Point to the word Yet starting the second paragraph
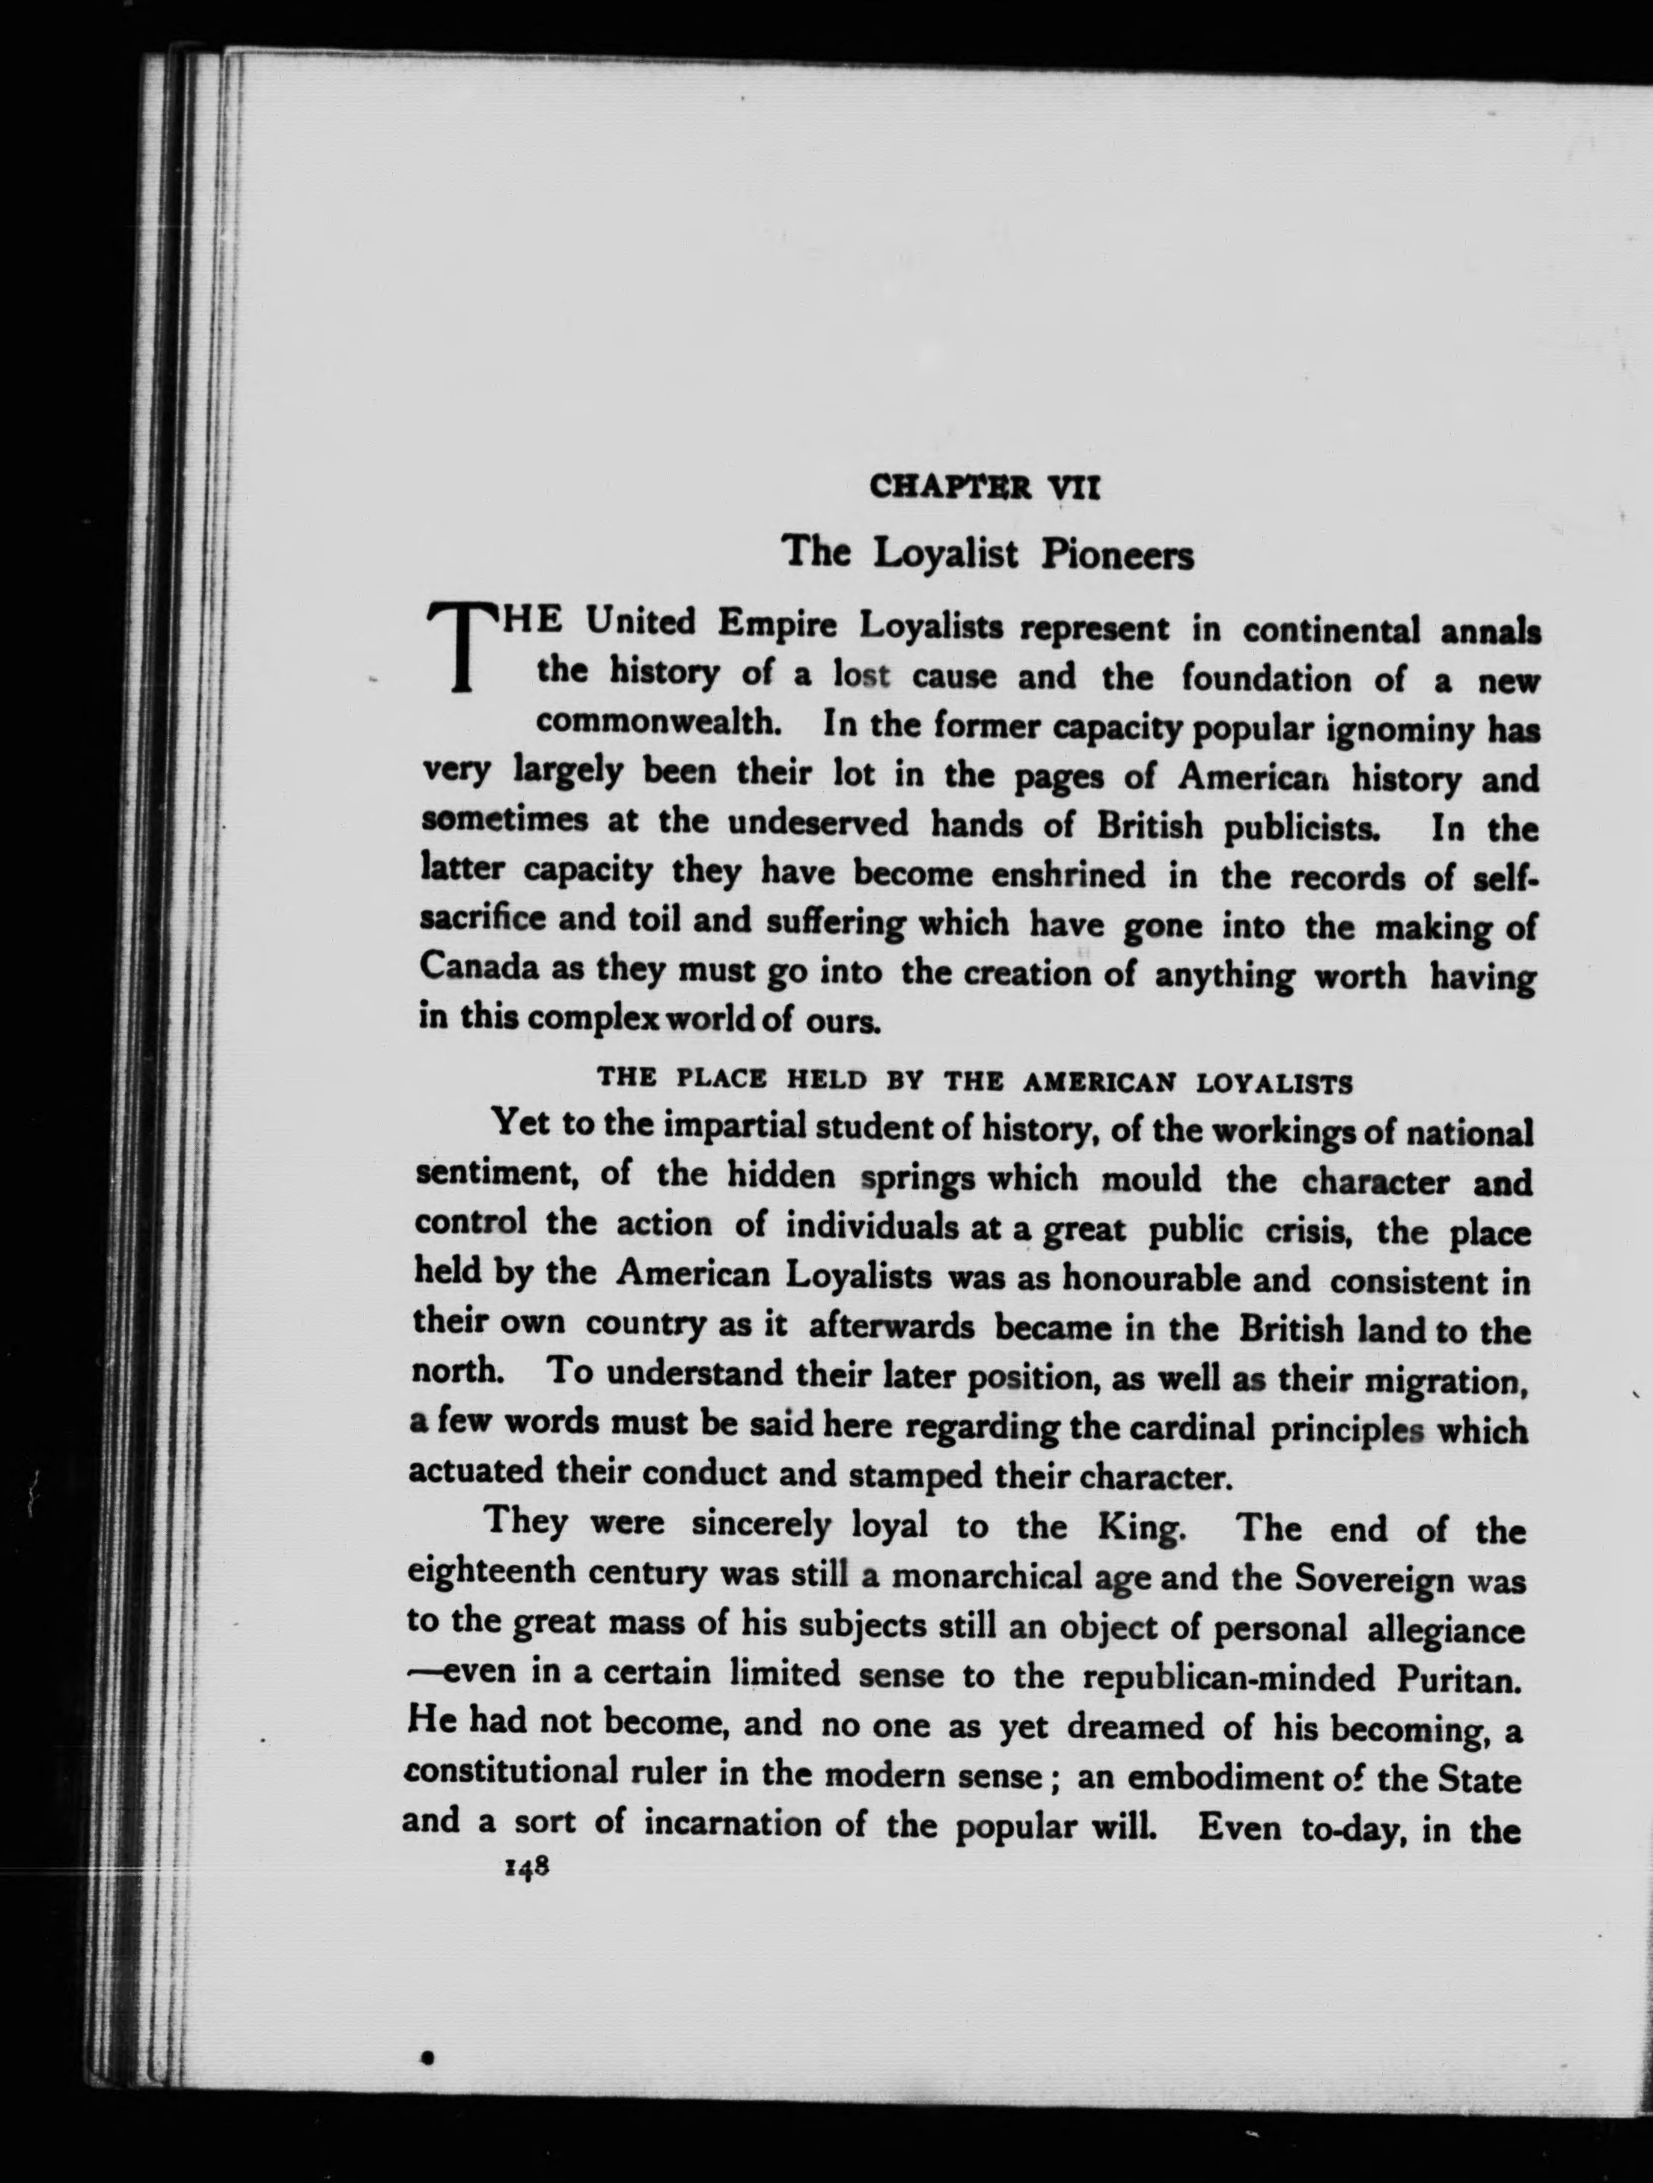pyautogui.click(x=520, y=1122)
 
